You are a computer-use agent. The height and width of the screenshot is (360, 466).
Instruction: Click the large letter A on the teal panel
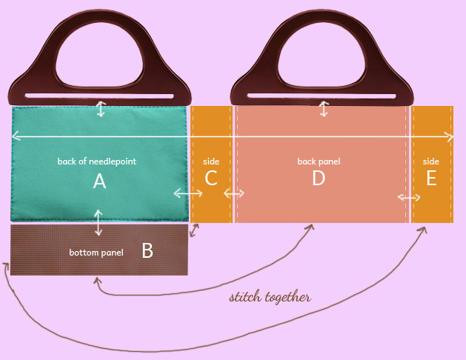tap(99, 181)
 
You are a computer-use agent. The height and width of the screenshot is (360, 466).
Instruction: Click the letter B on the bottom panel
tap(147, 250)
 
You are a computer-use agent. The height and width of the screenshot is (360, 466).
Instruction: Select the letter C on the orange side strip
tap(211, 179)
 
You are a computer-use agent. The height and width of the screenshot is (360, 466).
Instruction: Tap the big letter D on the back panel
tap(319, 179)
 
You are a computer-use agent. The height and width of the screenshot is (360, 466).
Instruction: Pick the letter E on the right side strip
tap(431, 179)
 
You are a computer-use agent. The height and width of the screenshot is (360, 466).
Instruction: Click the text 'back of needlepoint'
tap(97, 161)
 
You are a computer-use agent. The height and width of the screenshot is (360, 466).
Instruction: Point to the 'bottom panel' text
tap(96, 253)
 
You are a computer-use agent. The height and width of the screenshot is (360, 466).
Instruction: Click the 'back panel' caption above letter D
tap(319, 161)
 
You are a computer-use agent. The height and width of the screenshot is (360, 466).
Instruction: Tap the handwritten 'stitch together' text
tap(270, 298)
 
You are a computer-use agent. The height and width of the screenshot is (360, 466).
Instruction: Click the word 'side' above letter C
tap(211, 161)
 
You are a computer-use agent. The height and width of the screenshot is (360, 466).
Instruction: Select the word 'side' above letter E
tap(431, 161)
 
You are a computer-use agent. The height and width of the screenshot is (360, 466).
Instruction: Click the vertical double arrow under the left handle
tap(101, 109)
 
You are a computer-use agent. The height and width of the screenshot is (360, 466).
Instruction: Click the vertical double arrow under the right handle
tap(323, 109)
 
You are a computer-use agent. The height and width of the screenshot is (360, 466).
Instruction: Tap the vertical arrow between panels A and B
tap(99, 223)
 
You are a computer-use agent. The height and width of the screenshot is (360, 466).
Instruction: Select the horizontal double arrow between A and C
tap(188, 193)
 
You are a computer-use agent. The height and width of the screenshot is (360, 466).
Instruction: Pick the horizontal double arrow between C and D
tap(234, 193)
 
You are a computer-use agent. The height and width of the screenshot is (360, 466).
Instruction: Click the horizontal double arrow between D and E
tap(409, 197)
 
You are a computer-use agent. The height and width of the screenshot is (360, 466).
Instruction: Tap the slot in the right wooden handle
tap(322, 95)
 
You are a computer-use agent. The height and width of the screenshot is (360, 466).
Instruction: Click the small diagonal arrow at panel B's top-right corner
tap(194, 230)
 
